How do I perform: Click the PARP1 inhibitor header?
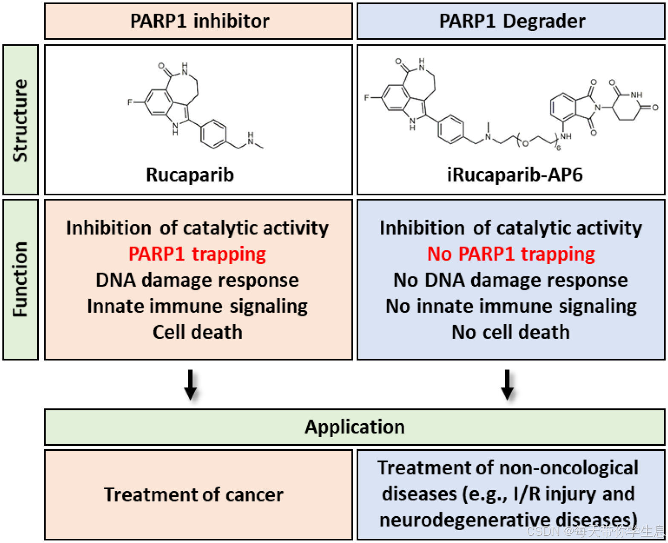pyautogui.click(x=199, y=21)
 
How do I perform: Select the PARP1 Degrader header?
pyautogui.click(x=512, y=21)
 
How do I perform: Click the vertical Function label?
pyautogui.click(x=20, y=279)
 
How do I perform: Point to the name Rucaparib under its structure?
pyautogui.click(x=190, y=175)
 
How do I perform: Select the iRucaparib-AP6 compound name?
pyautogui.click(x=515, y=175)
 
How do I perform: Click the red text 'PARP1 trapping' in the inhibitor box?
pyautogui.click(x=197, y=254)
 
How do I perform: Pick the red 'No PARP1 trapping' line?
pyautogui.click(x=511, y=254)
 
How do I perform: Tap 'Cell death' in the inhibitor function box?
pyautogui.click(x=197, y=332)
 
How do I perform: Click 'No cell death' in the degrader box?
pyautogui.click(x=510, y=332)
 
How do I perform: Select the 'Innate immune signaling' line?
pyautogui.click(x=197, y=306)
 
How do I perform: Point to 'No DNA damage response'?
pyautogui.click(x=510, y=280)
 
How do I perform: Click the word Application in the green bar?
pyautogui.click(x=354, y=427)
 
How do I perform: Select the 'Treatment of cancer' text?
pyautogui.click(x=193, y=494)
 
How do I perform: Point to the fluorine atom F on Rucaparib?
pyautogui.click(x=130, y=102)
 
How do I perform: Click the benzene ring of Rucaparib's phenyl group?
pyautogui.click(x=213, y=134)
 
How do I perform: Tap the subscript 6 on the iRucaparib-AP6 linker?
pyautogui.click(x=559, y=148)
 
